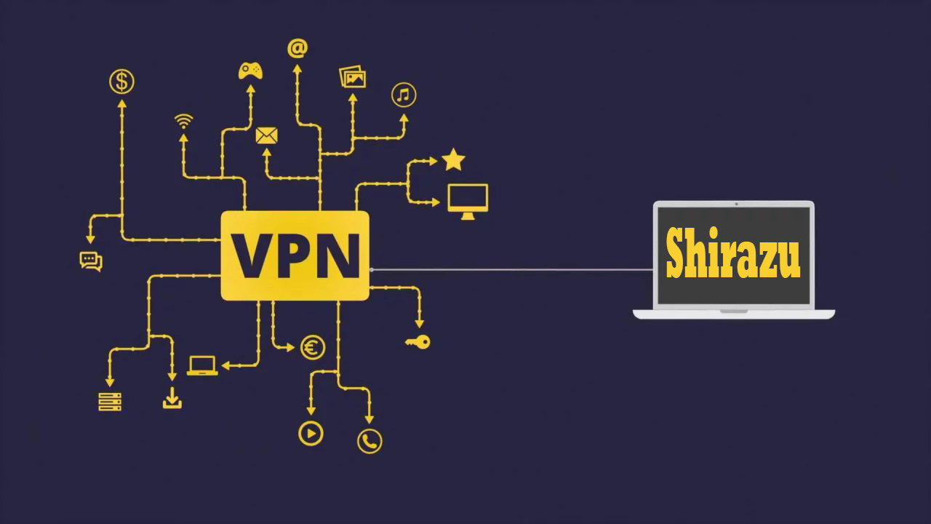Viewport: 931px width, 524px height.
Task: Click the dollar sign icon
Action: click(x=122, y=82)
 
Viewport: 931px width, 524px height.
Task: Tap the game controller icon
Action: click(x=251, y=71)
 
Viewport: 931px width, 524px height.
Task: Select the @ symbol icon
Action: click(x=297, y=48)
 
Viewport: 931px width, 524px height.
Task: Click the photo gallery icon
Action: click(x=353, y=77)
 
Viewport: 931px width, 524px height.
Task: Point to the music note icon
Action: click(x=404, y=95)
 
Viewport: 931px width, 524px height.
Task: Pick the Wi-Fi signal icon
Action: click(x=184, y=121)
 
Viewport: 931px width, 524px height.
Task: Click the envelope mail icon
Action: click(x=267, y=135)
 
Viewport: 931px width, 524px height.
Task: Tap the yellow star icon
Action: click(x=453, y=159)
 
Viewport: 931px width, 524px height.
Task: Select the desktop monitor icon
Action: click(x=468, y=201)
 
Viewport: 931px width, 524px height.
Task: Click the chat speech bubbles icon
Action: click(x=91, y=261)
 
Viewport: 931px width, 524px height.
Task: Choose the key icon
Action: click(x=418, y=341)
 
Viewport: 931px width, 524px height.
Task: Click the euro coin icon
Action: click(x=313, y=348)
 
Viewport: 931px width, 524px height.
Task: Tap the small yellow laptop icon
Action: click(x=202, y=365)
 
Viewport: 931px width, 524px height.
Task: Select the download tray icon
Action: click(x=172, y=398)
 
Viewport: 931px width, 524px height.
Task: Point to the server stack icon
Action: click(x=110, y=401)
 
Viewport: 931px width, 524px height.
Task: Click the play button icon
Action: click(x=311, y=434)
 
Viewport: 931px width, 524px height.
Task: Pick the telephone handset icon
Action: click(x=369, y=440)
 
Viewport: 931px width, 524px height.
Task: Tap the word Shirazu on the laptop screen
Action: click(x=732, y=254)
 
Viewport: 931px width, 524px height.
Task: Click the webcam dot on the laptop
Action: click(x=736, y=204)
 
